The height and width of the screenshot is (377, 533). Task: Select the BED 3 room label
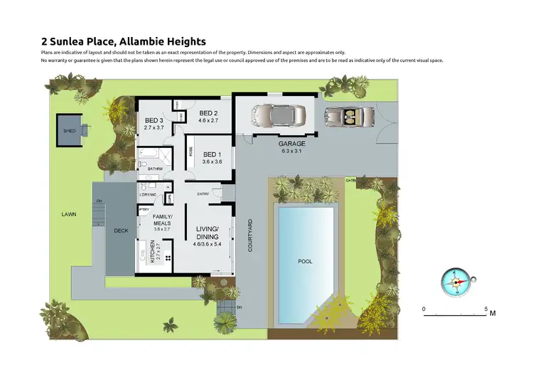coord(154,120)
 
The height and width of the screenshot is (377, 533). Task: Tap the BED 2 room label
coord(208,113)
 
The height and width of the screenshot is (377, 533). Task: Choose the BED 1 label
coord(212,154)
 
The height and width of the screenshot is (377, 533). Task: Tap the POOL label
coord(305,262)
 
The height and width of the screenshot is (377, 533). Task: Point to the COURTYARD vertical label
coord(250,235)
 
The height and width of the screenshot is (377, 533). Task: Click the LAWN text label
coord(68,213)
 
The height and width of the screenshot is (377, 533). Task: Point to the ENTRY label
coord(203,193)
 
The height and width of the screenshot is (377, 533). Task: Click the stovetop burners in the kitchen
coord(168,258)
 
